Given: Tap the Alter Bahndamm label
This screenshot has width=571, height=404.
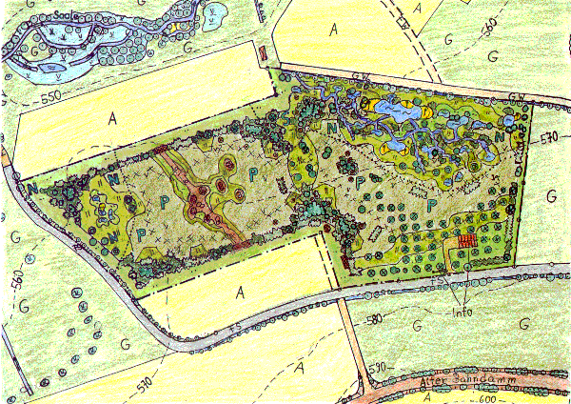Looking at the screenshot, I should tap(466, 383).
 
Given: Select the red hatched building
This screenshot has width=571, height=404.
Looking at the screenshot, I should tap(465, 240).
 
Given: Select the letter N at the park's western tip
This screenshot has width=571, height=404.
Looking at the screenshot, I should tap(33, 188).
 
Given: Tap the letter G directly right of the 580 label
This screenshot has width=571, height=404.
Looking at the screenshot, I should tap(416, 326).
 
